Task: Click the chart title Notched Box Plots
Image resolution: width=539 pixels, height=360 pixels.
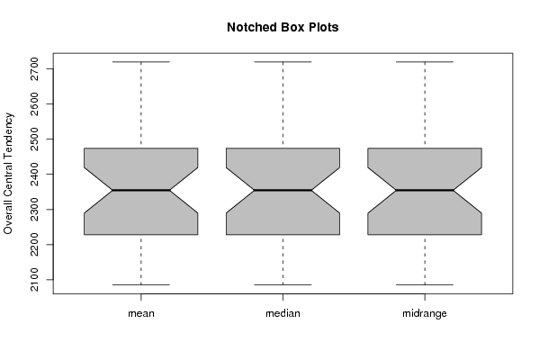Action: pos(283,27)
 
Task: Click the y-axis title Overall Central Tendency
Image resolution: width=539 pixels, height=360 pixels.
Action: pos(8,174)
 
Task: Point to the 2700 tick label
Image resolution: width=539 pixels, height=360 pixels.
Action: pos(35,69)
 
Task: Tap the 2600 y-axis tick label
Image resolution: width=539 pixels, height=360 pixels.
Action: pos(35,103)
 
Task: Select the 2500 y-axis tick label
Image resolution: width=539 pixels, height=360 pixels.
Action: pos(35,139)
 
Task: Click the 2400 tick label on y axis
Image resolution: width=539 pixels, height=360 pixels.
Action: pos(35,175)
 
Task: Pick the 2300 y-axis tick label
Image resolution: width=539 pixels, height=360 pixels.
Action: pos(35,210)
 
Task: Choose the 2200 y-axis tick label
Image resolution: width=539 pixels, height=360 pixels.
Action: pos(35,245)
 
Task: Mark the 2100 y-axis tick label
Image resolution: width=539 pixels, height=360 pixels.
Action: pos(35,280)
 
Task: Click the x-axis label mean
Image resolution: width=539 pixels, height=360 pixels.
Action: pos(141,313)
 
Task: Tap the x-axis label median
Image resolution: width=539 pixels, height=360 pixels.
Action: pos(283,313)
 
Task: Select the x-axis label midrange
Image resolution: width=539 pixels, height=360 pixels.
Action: pos(425,313)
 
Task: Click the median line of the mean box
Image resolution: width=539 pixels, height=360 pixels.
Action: pos(141,190)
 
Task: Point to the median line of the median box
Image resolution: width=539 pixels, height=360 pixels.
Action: pos(283,190)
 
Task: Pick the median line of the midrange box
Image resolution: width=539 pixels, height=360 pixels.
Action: pos(425,190)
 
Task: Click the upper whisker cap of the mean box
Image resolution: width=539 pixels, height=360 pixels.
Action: pos(141,62)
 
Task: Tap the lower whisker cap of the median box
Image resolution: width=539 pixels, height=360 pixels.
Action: pos(283,284)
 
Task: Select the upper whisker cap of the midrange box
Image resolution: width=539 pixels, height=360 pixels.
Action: pos(425,62)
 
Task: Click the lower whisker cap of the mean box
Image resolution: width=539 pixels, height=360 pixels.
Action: pos(141,284)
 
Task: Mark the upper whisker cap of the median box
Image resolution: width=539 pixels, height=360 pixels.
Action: pos(283,62)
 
